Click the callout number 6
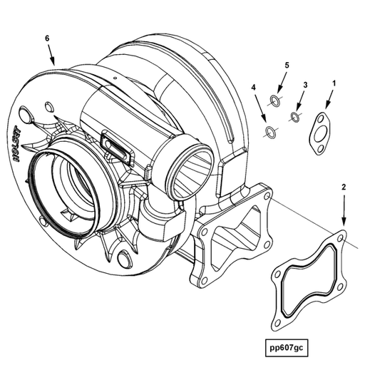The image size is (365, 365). (47, 37)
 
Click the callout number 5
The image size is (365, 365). (287, 66)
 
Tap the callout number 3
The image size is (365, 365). (305, 86)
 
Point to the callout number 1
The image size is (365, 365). (333, 83)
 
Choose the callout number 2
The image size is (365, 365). (344, 187)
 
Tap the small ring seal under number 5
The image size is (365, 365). (276, 98)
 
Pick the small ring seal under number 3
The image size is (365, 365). (294, 116)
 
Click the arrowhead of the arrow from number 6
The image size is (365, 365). (55, 64)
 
